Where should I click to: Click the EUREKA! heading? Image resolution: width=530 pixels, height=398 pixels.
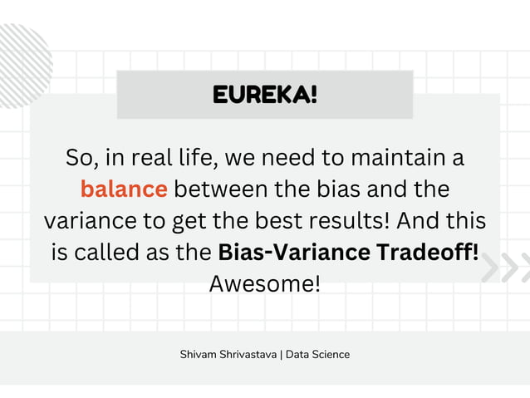(x=265, y=93)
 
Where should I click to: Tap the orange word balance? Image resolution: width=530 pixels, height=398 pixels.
(x=124, y=189)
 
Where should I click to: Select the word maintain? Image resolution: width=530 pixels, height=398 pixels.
(x=399, y=157)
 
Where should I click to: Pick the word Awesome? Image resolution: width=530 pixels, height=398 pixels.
(x=264, y=283)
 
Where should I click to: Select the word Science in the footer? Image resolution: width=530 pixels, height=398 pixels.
(x=331, y=355)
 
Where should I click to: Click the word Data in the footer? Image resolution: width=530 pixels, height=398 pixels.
(x=297, y=355)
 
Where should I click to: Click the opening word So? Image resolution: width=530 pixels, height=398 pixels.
(x=81, y=157)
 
